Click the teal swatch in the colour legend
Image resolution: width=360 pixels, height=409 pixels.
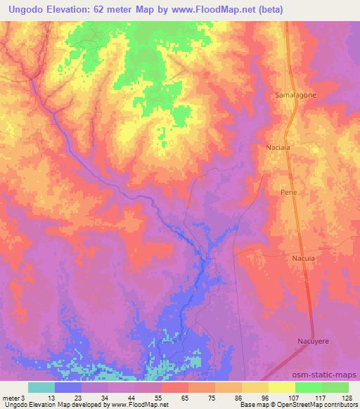pos(41,387)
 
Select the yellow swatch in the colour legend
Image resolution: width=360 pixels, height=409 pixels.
pos(282,387)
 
